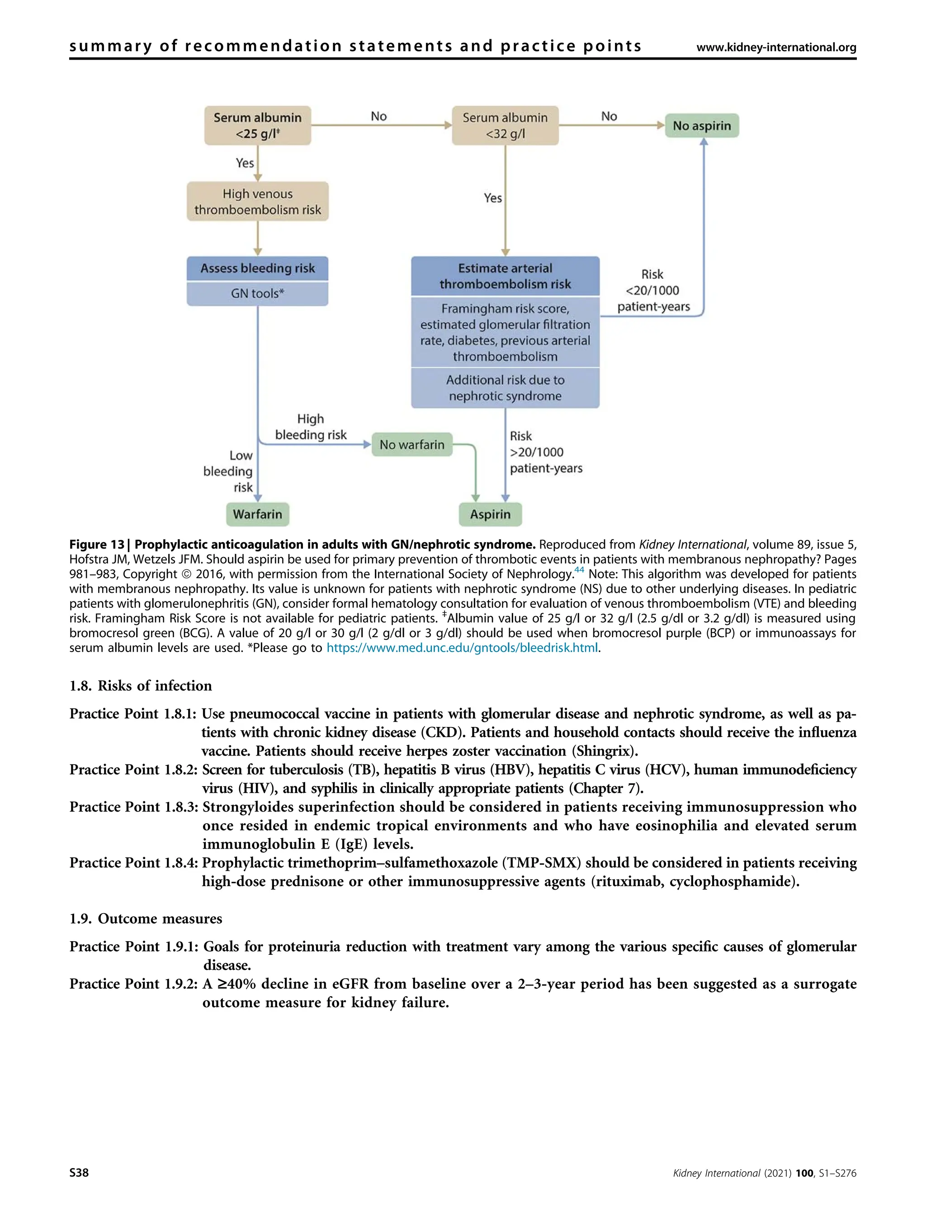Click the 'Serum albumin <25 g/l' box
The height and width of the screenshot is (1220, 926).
pyautogui.click(x=257, y=126)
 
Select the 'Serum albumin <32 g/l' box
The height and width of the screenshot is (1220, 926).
pyautogui.click(x=505, y=126)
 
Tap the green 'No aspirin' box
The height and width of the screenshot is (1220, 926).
pyautogui.click(x=701, y=126)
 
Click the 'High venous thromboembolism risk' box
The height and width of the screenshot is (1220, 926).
pyautogui.click(x=257, y=202)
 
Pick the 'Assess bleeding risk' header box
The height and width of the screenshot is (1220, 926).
pyautogui.click(x=257, y=268)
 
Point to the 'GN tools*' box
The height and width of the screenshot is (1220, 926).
pyautogui.click(x=257, y=293)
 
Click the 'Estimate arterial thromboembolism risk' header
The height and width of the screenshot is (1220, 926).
pyautogui.click(x=505, y=276)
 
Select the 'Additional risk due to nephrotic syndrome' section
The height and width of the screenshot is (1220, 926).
pyautogui.click(x=505, y=388)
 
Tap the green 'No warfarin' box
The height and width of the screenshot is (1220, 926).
pyautogui.click(x=411, y=445)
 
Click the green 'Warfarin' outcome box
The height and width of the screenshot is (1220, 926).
pyautogui.click(x=257, y=514)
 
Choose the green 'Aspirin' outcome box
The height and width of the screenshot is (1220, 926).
pyautogui.click(x=490, y=514)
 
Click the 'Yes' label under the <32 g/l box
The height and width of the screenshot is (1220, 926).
pyautogui.click(x=493, y=198)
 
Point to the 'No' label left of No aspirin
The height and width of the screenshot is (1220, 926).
pyautogui.click(x=609, y=117)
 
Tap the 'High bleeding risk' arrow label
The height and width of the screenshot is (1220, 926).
pyautogui.click(x=311, y=427)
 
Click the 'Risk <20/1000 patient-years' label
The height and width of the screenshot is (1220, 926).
pyautogui.click(x=653, y=291)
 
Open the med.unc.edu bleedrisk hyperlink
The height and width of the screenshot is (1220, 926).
pyautogui.click(x=462, y=648)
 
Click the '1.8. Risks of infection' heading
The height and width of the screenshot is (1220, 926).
pyautogui.click(x=141, y=685)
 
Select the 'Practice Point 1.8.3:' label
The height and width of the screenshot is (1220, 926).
pyautogui.click(x=133, y=807)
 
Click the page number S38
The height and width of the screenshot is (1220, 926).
pyautogui.click(x=79, y=1173)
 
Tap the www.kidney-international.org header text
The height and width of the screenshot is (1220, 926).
pyautogui.click(x=776, y=47)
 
